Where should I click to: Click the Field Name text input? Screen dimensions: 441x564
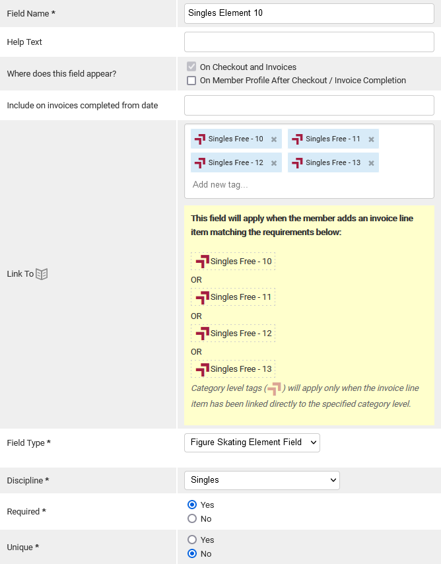pyautogui.click(x=309, y=13)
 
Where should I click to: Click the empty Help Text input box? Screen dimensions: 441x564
pyautogui.click(x=309, y=42)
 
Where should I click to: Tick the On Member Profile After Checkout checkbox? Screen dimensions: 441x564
pyautogui.click(x=191, y=80)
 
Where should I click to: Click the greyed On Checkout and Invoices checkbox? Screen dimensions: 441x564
pyautogui.click(x=191, y=67)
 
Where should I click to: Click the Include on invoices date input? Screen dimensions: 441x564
pyautogui.click(x=309, y=106)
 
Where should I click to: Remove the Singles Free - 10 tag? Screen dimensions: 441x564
pyautogui.click(x=274, y=139)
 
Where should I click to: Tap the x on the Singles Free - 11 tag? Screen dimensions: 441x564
pyautogui.click(x=371, y=139)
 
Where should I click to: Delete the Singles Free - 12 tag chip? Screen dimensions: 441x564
pyautogui.click(x=274, y=163)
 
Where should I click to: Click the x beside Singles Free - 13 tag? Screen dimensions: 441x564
pyautogui.click(x=371, y=163)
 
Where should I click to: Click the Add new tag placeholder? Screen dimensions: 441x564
pyautogui.click(x=220, y=184)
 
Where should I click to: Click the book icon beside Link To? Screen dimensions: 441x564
pyautogui.click(x=42, y=274)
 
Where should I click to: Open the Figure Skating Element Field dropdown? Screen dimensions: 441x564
pyautogui.click(x=252, y=442)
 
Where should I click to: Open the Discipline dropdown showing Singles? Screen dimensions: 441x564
pyautogui.click(x=262, y=480)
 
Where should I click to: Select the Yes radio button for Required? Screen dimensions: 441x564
pyautogui.click(x=192, y=505)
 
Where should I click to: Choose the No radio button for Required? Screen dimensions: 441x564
pyautogui.click(x=192, y=518)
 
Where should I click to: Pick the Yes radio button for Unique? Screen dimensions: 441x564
pyautogui.click(x=192, y=540)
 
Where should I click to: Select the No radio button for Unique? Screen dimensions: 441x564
pyautogui.click(x=192, y=553)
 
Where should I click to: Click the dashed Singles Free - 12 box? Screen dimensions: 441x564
pyautogui.click(x=233, y=333)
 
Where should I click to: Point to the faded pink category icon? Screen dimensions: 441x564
pyautogui.click(x=275, y=389)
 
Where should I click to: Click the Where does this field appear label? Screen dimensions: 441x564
pyautogui.click(x=61, y=74)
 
